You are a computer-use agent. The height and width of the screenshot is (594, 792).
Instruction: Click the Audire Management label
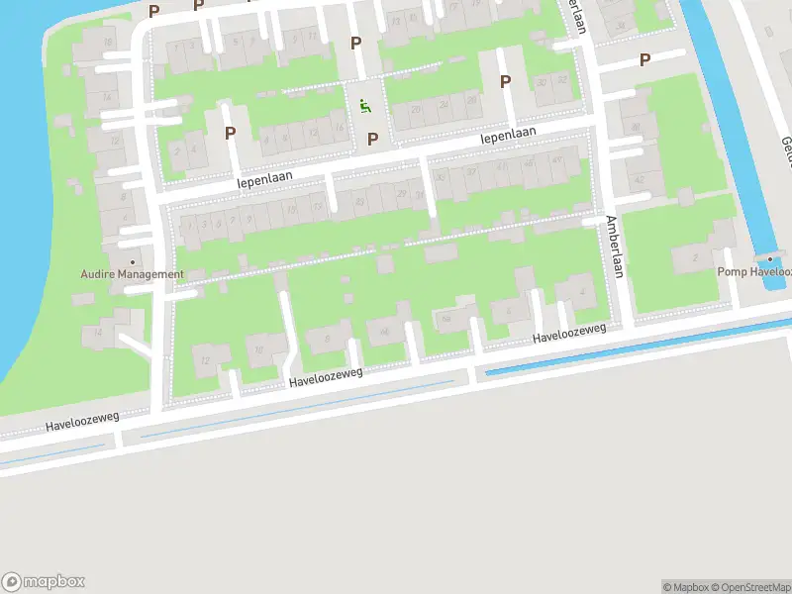[x=132, y=274]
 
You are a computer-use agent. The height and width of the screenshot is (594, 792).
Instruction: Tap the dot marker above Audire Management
[x=132, y=235]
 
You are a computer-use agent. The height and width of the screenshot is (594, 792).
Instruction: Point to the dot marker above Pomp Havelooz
[x=770, y=257]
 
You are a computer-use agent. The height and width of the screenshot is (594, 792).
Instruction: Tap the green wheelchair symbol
[x=365, y=106]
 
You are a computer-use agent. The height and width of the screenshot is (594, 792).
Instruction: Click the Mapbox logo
[x=44, y=582]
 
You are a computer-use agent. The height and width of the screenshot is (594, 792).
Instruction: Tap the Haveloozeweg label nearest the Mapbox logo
[x=81, y=422]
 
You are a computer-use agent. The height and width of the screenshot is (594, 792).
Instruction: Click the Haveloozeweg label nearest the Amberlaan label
[x=568, y=336]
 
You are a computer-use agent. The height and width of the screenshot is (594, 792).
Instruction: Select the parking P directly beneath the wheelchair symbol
[x=373, y=140]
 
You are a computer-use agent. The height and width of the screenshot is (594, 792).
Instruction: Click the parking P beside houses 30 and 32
[x=505, y=82]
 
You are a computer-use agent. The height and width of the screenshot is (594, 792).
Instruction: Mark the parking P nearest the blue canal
[x=644, y=59]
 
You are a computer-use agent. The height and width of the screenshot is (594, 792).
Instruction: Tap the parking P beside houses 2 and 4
[x=230, y=133]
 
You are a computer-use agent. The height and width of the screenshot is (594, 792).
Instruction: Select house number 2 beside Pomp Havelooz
[x=695, y=257]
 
